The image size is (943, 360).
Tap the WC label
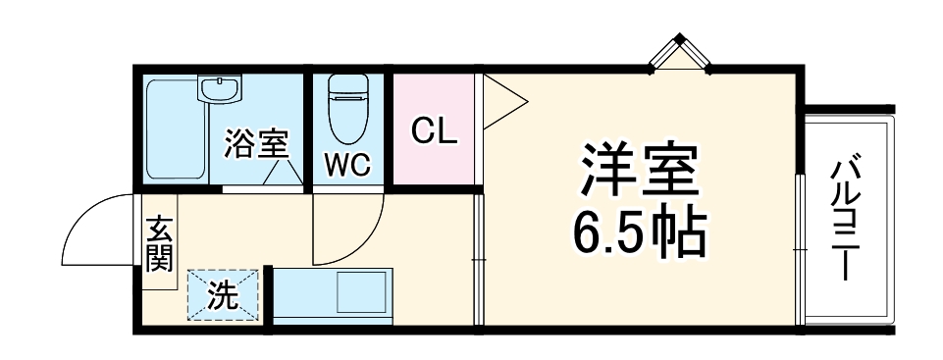click(x=348, y=166)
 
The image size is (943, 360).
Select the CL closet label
click(x=433, y=130)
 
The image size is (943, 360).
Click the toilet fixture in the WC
click(x=347, y=108)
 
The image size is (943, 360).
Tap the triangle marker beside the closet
click(x=500, y=99)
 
